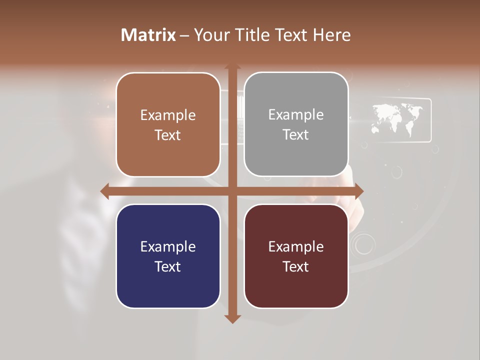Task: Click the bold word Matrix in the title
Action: point(148,35)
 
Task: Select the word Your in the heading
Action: point(210,35)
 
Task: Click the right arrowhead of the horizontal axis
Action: point(358,191)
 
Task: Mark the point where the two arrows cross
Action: point(232,191)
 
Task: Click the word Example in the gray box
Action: point(296,115)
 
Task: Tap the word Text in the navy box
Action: point(167,266)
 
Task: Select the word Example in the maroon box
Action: point(296,246)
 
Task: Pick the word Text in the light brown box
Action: point(167,135)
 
